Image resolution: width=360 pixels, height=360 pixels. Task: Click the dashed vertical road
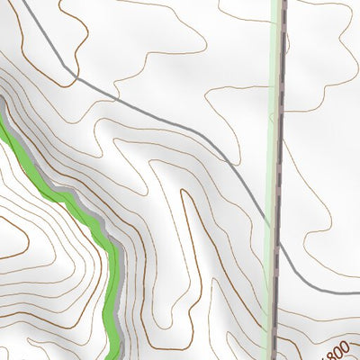click(x=279, y=135)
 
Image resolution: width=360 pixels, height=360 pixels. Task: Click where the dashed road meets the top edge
click(x=282, y=2)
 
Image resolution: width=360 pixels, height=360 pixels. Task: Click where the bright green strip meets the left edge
click(x=2, y=121)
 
